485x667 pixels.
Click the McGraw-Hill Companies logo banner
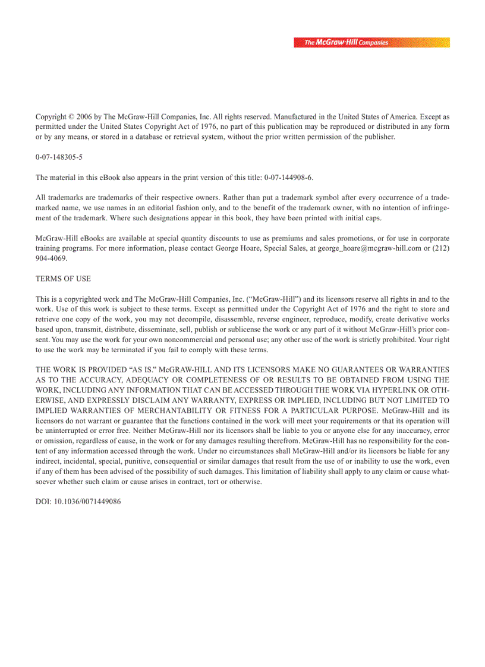point(371,43)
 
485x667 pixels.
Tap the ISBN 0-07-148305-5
point(59,157)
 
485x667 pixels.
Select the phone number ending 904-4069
point(51,258)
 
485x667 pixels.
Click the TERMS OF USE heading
point(63,279)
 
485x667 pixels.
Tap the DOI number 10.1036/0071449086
point(87,501)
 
